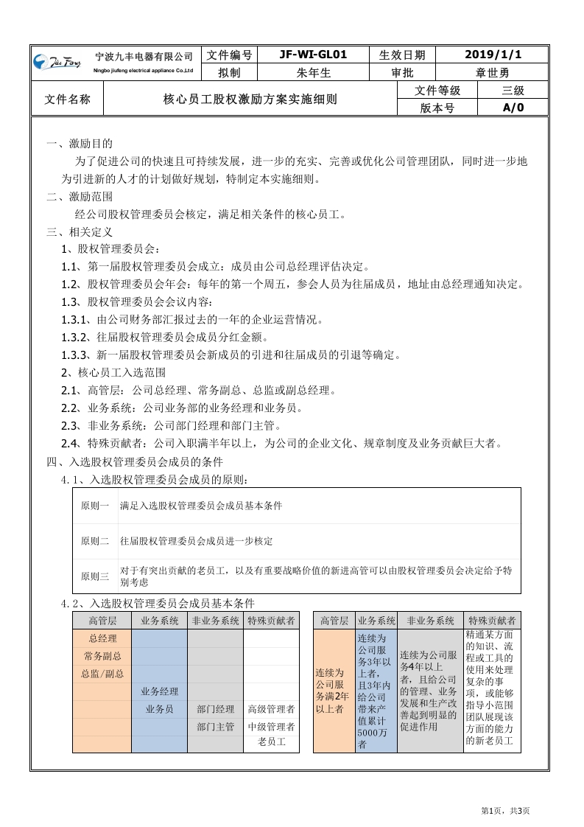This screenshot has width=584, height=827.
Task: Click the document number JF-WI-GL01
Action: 313,55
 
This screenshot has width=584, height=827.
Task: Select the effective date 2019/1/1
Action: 493,55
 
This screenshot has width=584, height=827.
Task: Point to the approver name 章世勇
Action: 493,72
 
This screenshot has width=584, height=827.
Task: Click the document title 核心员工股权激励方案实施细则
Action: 250,99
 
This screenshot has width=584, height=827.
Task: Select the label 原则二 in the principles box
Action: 95,541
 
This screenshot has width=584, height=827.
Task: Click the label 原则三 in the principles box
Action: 95,576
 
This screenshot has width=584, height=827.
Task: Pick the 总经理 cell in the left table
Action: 102,638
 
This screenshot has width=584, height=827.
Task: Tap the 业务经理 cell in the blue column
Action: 159,691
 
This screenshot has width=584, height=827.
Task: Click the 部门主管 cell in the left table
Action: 215,727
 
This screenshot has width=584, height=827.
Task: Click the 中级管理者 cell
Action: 271,727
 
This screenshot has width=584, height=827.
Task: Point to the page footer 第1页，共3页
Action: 505,811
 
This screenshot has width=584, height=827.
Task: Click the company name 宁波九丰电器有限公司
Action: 144,57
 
